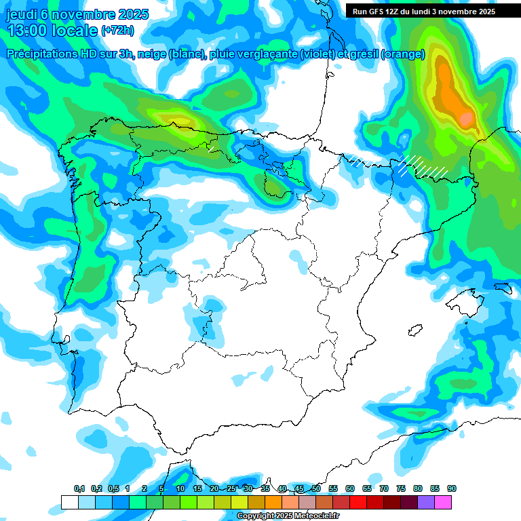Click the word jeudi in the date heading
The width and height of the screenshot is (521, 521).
(x=22, y=14)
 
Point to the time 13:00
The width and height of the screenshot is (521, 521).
(x=27, y=31)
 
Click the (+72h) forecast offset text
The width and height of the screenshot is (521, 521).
(x=117, y=31)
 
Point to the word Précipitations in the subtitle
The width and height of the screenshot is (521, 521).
(x=41, y=54)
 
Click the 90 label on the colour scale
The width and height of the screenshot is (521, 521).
(x=452, y=489)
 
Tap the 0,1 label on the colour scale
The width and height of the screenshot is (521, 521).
(x=79, y=489)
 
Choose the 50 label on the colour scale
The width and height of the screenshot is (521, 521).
(x=316, y=489)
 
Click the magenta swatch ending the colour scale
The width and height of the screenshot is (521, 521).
(x=443, y=502)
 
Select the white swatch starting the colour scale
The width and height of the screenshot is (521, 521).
(x=69, y=502)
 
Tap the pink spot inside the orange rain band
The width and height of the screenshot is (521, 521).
(x=466, y=119)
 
